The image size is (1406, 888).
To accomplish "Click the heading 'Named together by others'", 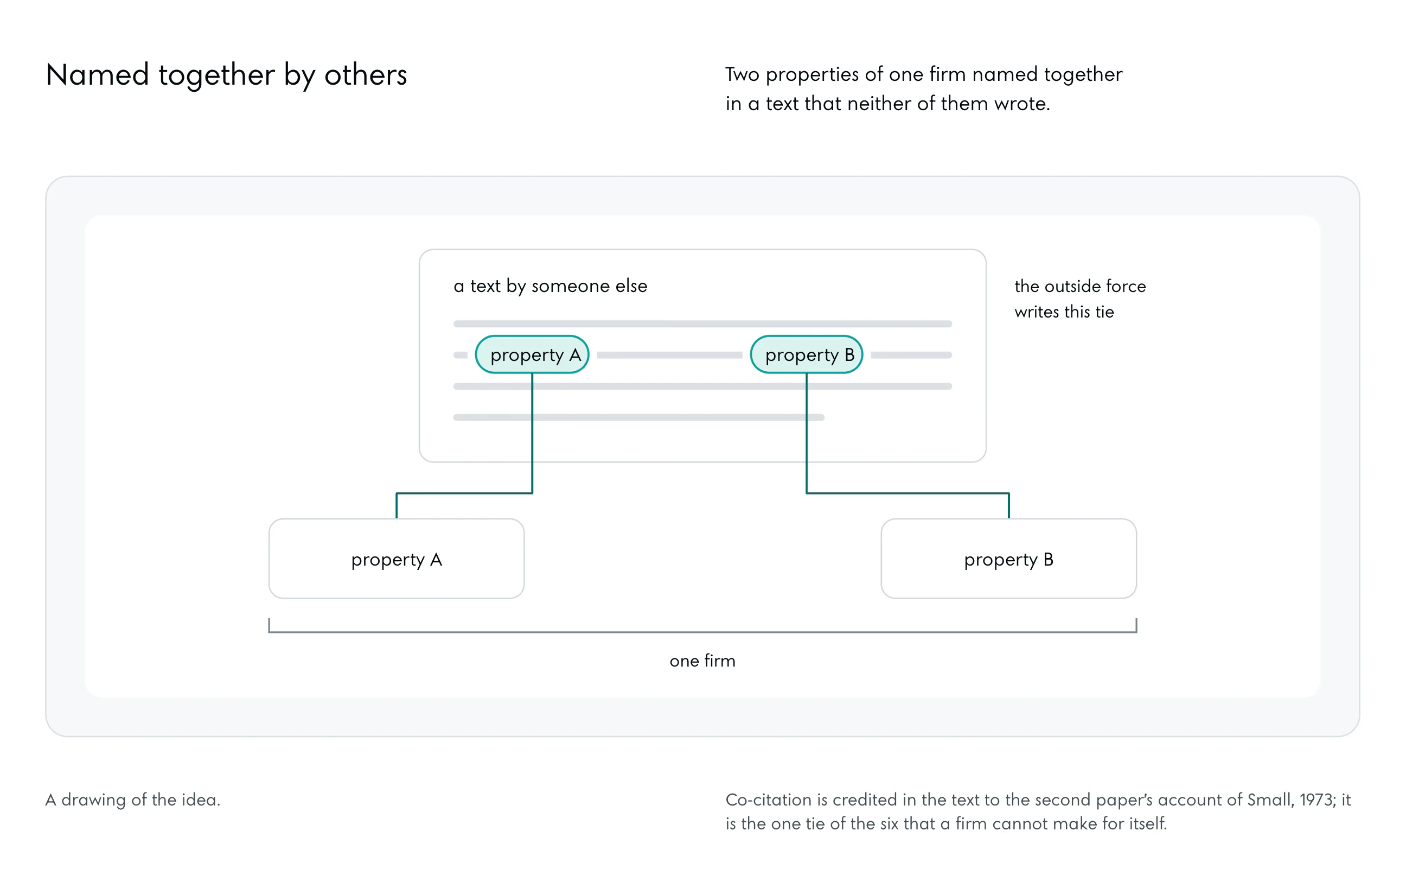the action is (x=226, y=75).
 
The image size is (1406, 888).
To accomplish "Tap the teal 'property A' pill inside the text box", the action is (x=532, y=354).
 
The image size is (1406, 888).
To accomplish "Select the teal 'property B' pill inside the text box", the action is (x=807, y=354).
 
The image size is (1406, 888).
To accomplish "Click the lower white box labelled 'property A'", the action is (x=397, y=559).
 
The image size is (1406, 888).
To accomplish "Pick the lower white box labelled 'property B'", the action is (x=1008, y=559).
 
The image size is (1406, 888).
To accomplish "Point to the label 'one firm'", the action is (x=702, y=661).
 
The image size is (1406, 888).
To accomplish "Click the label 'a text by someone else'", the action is (x=550, y=286).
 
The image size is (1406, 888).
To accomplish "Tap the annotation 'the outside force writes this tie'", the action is (x=1079, y=299).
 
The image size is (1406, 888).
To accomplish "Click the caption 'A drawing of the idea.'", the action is (x=132, y=799).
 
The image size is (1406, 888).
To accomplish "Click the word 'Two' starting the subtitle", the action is (x=743, y=74).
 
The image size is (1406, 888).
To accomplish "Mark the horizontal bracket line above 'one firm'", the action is (x=702, y=631).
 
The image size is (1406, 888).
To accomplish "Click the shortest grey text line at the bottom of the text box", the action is (x=639, y=417).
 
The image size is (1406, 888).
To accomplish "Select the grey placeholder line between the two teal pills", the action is (x=669, y=354).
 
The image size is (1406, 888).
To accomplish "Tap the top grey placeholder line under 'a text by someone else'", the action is (x=702, y=324).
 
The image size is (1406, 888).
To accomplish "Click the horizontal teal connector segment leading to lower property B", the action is (x=907, y=493).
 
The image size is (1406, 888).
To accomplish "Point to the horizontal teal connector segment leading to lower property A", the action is (x=464, y=493).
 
